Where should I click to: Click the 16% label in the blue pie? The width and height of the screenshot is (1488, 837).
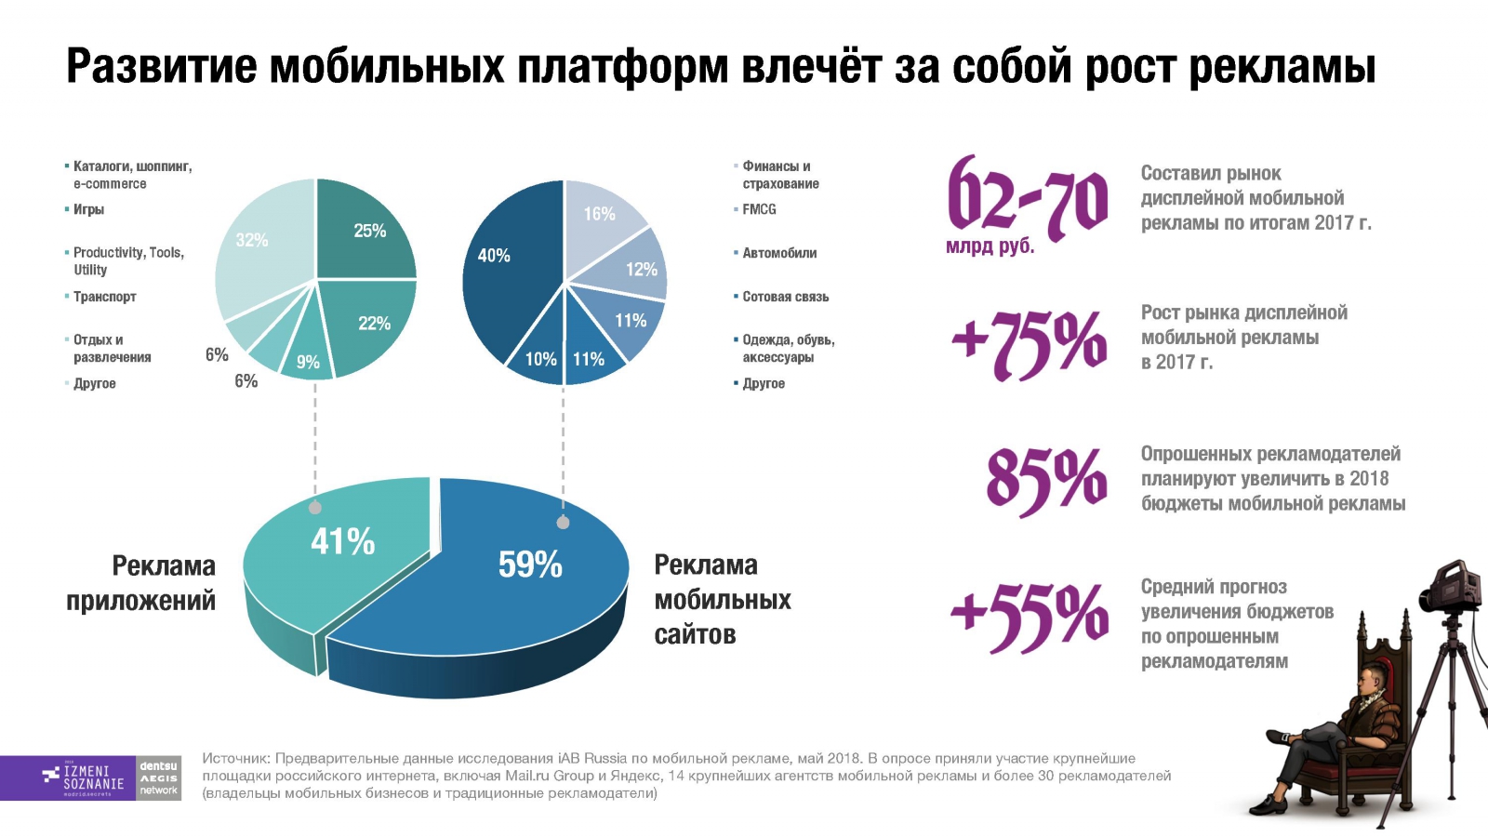click(x=599, y=214)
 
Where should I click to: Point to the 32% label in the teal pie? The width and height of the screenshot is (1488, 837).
click(x=252, y=240)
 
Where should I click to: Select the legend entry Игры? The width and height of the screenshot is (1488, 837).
click(x=88, y=209)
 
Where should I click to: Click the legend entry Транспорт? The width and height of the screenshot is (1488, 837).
click(x=104, y=297)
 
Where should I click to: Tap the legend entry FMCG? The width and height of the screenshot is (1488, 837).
click(x=759, y=209)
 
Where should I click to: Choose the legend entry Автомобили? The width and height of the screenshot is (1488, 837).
click(x=779, y=253)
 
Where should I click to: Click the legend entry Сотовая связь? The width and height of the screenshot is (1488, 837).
click(x=785, y=297)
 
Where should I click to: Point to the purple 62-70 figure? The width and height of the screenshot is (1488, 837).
click(x=1027, y=197)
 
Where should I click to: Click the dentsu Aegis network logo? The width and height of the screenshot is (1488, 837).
click(x=159, y=777)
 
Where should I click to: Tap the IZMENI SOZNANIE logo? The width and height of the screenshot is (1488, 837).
click(x=84, y=777)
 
